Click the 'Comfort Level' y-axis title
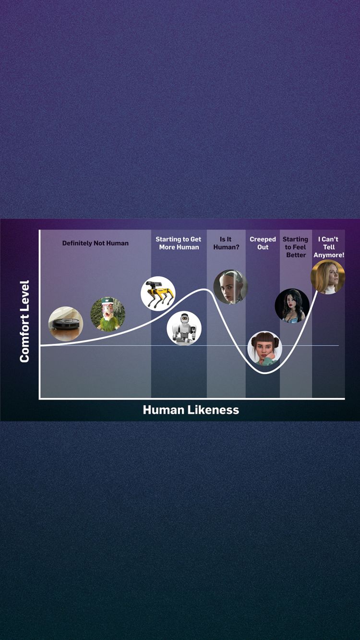coord(24,321)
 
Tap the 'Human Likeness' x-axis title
coord(191,410)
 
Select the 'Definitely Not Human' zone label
coord(96,243)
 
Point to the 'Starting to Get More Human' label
coord(179,243)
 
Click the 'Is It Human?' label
coord(226,243)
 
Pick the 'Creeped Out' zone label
coord(263,243)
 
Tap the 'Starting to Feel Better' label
coord(296,247)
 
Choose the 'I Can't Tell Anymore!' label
coord(329,247)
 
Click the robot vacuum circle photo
coord(66,324)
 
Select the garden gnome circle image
coord(108,314)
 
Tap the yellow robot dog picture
coord(158,293)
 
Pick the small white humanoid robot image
coord(184,328)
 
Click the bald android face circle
coord(230,287)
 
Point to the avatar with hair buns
coord(264,348)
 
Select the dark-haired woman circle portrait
coord(292,305)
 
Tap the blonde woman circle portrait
coord(328,277)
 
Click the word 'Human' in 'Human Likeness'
coord(164,410)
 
